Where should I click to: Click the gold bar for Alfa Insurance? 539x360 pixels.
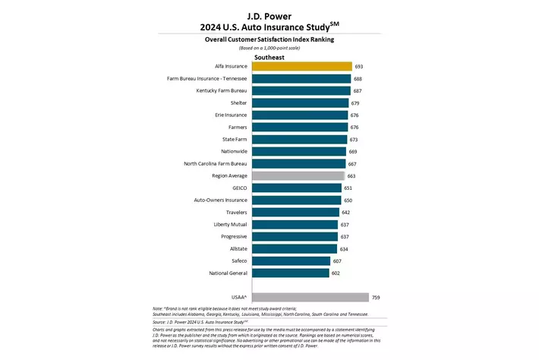301,67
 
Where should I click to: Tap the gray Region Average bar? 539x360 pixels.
298,175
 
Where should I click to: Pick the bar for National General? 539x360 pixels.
290,273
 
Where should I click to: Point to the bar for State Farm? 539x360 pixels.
299,139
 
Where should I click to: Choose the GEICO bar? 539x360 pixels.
296,188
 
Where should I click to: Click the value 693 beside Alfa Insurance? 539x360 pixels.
359,67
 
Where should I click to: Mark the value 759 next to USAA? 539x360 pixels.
376,297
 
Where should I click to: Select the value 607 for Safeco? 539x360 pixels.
337,261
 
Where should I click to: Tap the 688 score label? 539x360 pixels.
358,79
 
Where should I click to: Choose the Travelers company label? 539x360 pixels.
231,212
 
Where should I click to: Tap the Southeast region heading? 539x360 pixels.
269,55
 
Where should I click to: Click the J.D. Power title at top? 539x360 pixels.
269,14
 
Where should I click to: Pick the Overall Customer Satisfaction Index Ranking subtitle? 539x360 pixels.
269,38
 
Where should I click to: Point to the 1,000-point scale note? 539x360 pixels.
269,47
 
